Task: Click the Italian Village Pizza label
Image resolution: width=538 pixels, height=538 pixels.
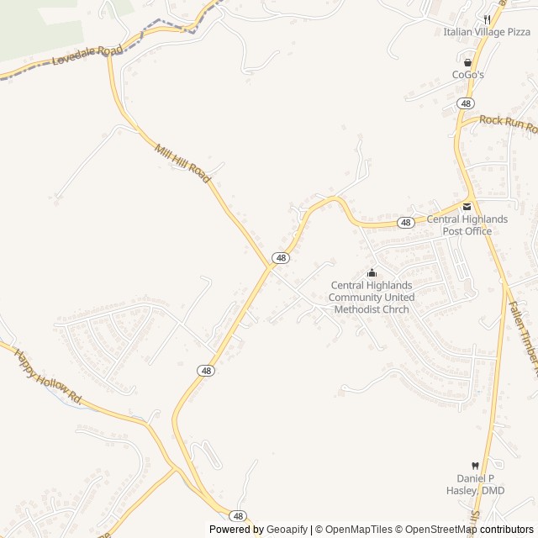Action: pos(488,32)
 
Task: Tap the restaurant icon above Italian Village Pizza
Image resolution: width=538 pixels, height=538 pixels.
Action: pos(487,19)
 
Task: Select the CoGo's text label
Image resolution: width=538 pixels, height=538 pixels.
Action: pos(468,75)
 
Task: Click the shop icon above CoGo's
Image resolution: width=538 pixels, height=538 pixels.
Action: pos(468,62)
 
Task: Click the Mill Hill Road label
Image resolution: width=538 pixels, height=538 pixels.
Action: pos(182,162)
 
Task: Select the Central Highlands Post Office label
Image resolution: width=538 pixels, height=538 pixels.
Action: pos(467,225)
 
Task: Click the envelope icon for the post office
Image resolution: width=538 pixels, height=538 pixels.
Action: pos(467,207)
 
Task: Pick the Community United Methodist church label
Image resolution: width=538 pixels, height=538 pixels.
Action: pos(371,297)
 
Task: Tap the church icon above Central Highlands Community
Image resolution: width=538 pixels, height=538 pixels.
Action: pos(372,272)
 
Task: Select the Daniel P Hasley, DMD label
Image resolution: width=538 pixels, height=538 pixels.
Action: pos(475,484)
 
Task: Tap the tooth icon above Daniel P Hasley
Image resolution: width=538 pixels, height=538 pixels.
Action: pos(475,466)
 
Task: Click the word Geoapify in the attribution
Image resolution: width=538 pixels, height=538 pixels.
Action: pos(287,530)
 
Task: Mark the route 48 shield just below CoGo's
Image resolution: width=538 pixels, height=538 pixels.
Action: pos(466,103)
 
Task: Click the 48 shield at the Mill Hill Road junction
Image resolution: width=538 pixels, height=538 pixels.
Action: pos(281,258)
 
